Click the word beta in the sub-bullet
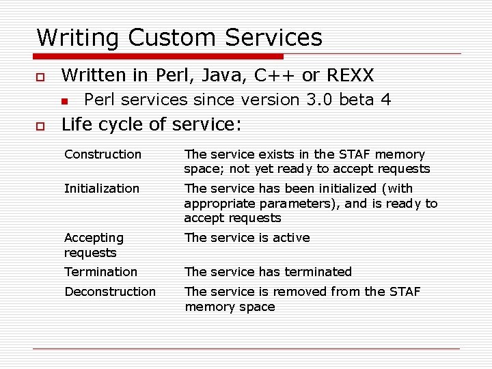(356, 100)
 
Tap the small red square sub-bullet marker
(64, 101)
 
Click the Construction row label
(102, 154)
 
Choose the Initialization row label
(101, 188)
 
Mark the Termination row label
(100, 271)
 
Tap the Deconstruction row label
(110, 291)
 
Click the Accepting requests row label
(94, 245)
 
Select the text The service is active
(247, 238)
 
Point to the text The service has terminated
(268, 271)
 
